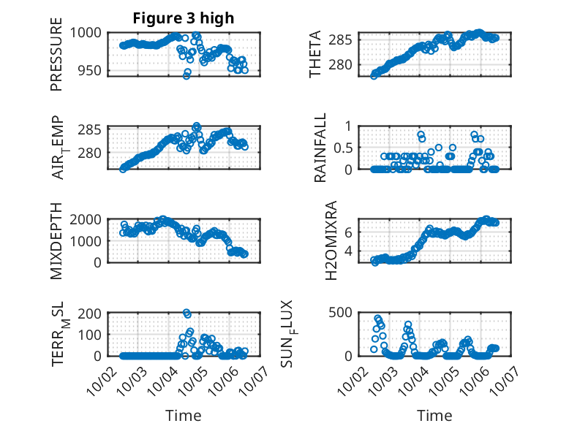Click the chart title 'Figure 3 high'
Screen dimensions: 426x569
tap(184, 18)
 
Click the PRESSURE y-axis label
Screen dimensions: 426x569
tap(56, 59)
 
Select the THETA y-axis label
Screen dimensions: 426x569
tap(315, 54)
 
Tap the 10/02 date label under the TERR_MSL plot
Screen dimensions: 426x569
tap(100, 381)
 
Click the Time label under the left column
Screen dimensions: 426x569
tap(184, 415)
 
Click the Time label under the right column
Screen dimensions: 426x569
tap(434, 415)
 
